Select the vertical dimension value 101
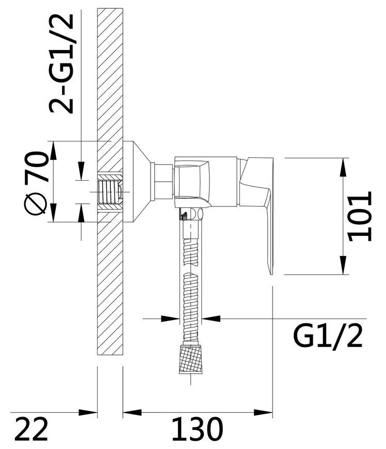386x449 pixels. point(360,216)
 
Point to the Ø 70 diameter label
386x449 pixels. point(36,183)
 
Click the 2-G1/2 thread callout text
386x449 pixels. point(62,63)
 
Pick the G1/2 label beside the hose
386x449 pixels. point(328,336)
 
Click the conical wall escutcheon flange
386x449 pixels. point(137,182)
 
